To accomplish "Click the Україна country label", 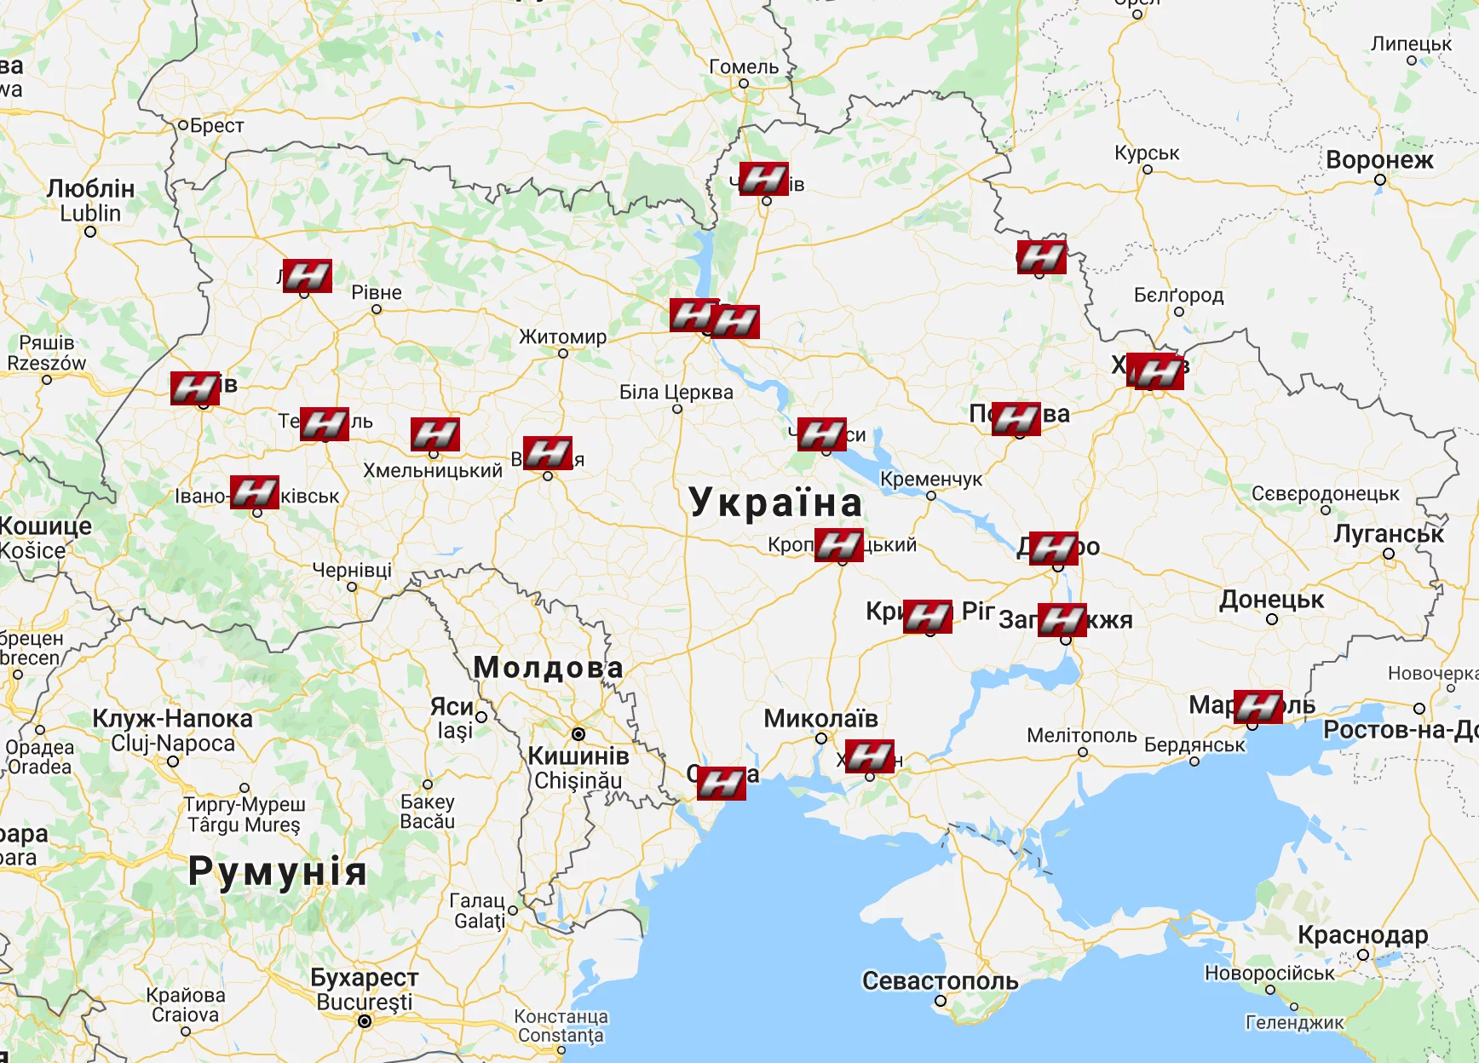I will click(775, 502).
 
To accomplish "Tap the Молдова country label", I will click(548, 667).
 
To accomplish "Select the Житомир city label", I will click(562, 336).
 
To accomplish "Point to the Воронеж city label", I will click(1379, 160).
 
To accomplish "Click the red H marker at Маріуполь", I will click(1258, 706).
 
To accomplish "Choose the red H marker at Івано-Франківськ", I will click(255, 491).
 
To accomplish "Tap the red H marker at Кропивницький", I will click(839, 545).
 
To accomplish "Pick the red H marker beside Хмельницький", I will click(435, 434).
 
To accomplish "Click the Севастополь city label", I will click(940, 980).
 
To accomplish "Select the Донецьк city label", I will click(1271, 600).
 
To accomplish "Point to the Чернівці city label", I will click(352, 569).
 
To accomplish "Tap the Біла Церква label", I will click(676, 392).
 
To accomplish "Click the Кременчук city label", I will click(930, 479).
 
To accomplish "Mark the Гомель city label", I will click(744, 66).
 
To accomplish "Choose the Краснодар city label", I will click(1362, 934).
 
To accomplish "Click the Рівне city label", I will click(376, 292).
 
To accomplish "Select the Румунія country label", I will click(278, 871).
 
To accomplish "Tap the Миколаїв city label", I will click(820, 718).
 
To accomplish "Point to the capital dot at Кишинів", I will click(578, 733).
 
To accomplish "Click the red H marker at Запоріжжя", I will click(1062, 619).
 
